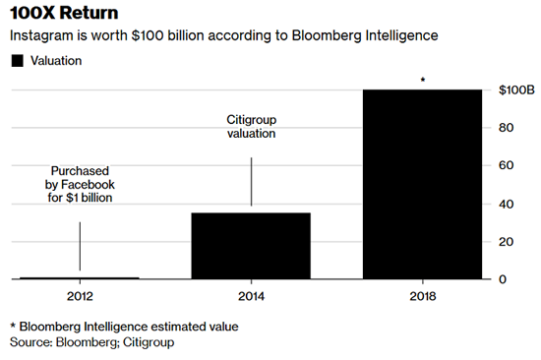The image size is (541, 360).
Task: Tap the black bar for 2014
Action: point(250,246)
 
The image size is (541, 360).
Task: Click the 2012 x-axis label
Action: point(80,296)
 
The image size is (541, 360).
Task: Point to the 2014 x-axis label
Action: point(250,296)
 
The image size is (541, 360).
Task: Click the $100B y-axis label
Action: point(514,90)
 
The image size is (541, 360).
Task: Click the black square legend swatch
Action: point(16,61)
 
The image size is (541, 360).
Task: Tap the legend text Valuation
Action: point(57,61)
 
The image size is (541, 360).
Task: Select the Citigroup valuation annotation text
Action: point(250,125)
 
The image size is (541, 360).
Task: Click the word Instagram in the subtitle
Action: point(41,36)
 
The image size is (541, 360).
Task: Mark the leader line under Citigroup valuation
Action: point(250,182)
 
